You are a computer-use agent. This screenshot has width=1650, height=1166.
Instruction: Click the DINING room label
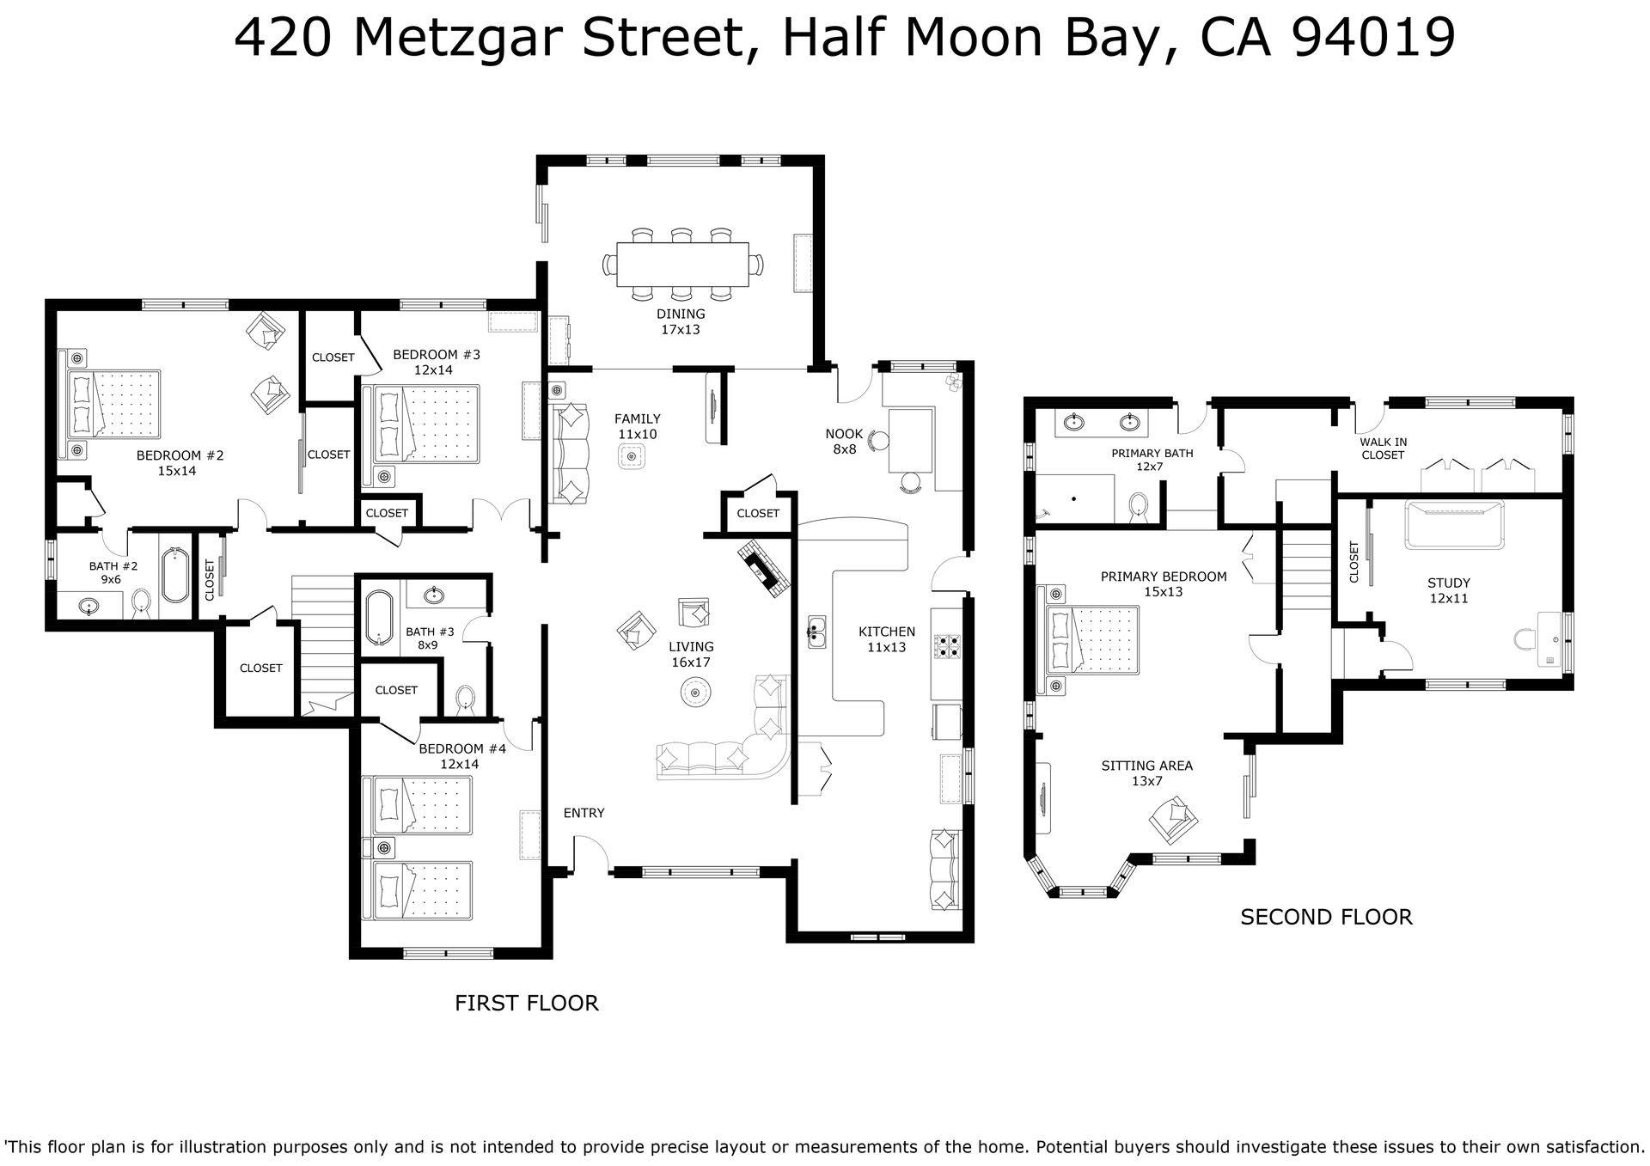pos(681,314)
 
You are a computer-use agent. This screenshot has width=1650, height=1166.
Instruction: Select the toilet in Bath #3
pos(466,699)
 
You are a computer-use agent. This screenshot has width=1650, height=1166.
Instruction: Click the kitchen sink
pos(816,632)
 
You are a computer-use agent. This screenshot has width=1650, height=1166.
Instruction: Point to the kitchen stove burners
pos(949,645)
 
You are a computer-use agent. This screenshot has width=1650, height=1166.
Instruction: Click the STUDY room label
pos(1449,583)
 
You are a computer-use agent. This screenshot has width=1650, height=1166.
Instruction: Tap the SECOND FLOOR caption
pos(1326,918)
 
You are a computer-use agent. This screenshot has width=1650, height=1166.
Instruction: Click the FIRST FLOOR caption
pos(526,1003)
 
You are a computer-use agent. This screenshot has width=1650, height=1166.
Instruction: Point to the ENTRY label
pos(584,813)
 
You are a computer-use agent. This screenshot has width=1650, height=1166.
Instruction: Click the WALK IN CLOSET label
pos(1383,449)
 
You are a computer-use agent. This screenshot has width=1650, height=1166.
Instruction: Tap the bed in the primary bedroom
pos(1091,639)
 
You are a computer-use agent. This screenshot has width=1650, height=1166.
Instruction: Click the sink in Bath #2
pos(88,607)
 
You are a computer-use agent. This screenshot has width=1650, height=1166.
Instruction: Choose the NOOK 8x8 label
pos(844,441)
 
